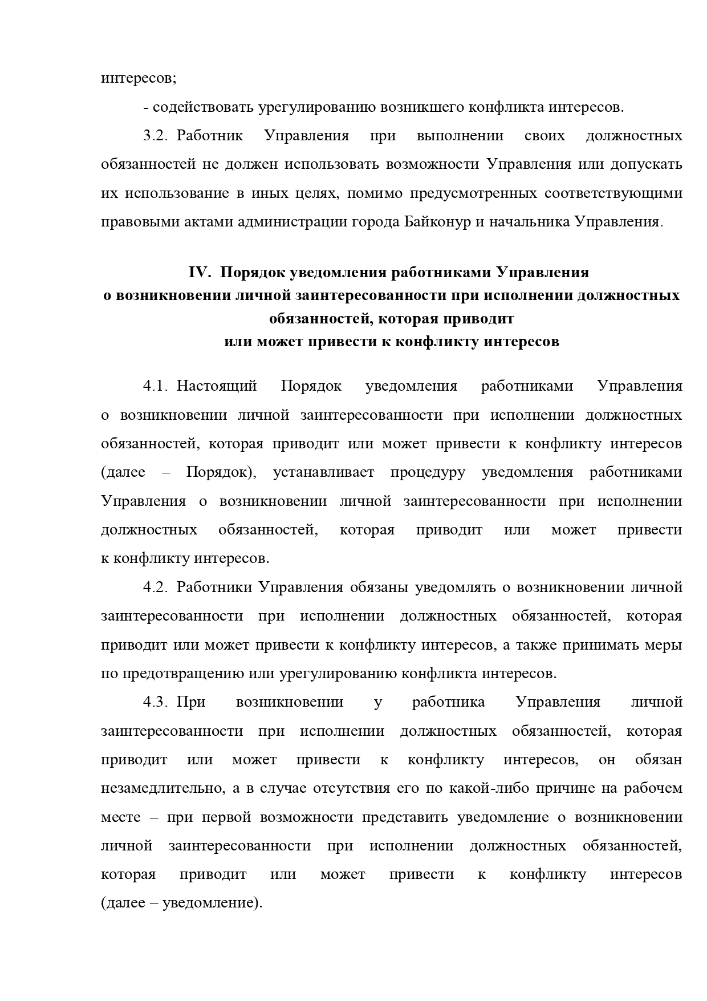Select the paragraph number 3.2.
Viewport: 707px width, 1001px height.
154,136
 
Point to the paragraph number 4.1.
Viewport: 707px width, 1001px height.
154,386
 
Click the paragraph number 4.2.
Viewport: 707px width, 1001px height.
154,587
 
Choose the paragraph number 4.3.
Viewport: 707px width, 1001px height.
154,702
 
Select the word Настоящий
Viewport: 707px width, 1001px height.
217,386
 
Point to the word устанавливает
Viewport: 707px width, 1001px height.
324,472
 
